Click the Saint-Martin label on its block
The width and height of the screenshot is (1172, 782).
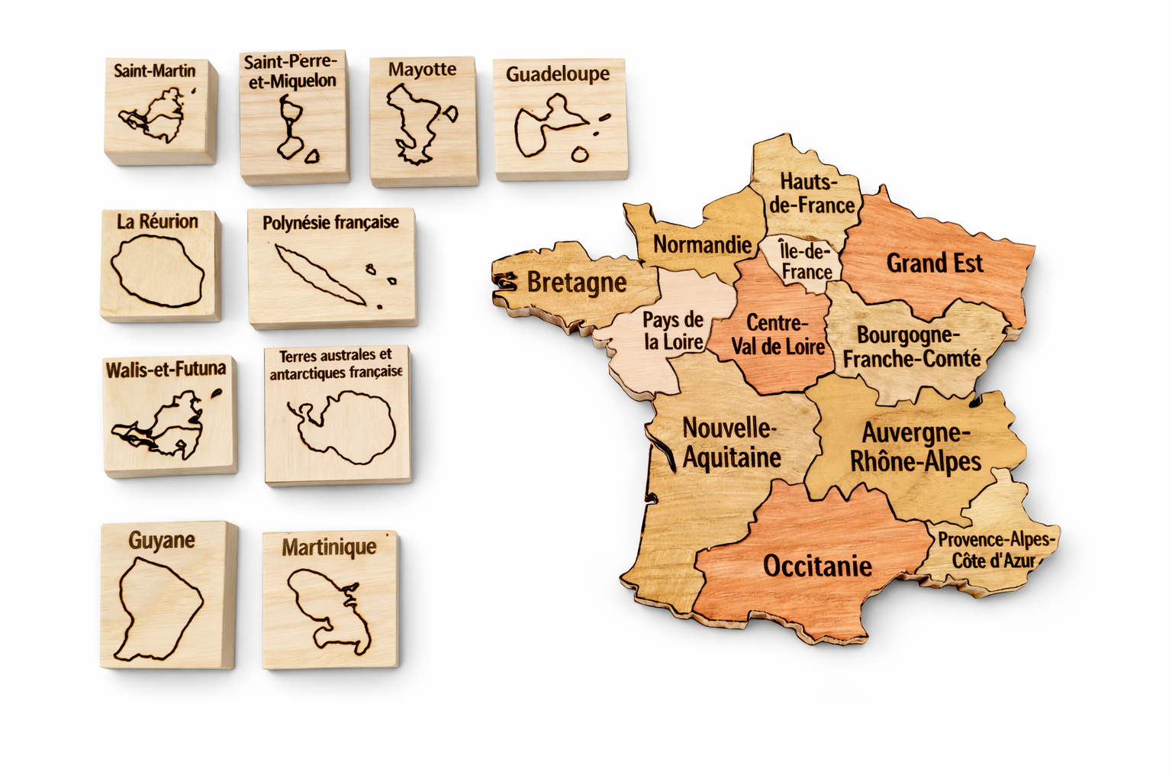(x=155, y=71)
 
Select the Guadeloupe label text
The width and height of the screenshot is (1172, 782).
(x=558, y=74)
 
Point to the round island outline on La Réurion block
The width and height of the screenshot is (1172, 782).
(x=157, y=271)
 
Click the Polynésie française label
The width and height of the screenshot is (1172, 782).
(x=330, y=222)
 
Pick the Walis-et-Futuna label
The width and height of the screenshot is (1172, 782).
(x=166, y=370)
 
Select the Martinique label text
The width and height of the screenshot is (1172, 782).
(x=329, y=547)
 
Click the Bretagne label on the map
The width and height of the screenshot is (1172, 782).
(x=576, y=282)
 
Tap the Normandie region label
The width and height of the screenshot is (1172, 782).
(x=702, y=244)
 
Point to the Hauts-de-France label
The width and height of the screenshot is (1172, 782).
(x=811, y=193)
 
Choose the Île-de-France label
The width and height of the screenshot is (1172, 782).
(x=806, y=261)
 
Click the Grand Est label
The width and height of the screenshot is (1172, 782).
(x=934, y=263)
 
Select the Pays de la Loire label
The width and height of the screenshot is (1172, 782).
(x=672, y=331)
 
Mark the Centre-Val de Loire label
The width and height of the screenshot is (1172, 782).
(x=778, y=334)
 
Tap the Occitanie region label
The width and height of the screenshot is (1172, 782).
(x=817, y=566)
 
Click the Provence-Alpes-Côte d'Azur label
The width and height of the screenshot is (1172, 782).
(x=995, y=550)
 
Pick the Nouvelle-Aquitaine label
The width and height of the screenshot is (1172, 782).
(x=731, y=442)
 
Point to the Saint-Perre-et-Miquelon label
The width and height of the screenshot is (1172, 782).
(x=290, y=71)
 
